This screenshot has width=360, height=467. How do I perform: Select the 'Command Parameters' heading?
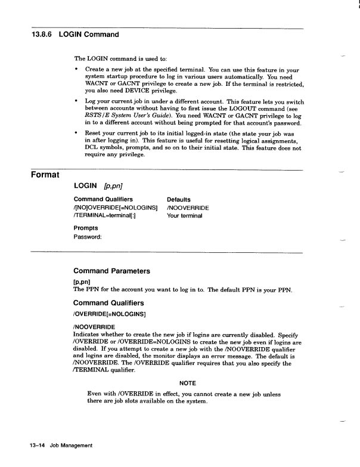[x=111, y=271]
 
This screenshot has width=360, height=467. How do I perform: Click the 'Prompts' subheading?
[x=86, y=228]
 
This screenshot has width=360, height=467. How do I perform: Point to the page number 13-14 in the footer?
[x=37, y=445]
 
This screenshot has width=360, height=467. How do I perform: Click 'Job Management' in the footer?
[x=71, y=445]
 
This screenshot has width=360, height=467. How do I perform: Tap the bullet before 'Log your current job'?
[x=76, y=101]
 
